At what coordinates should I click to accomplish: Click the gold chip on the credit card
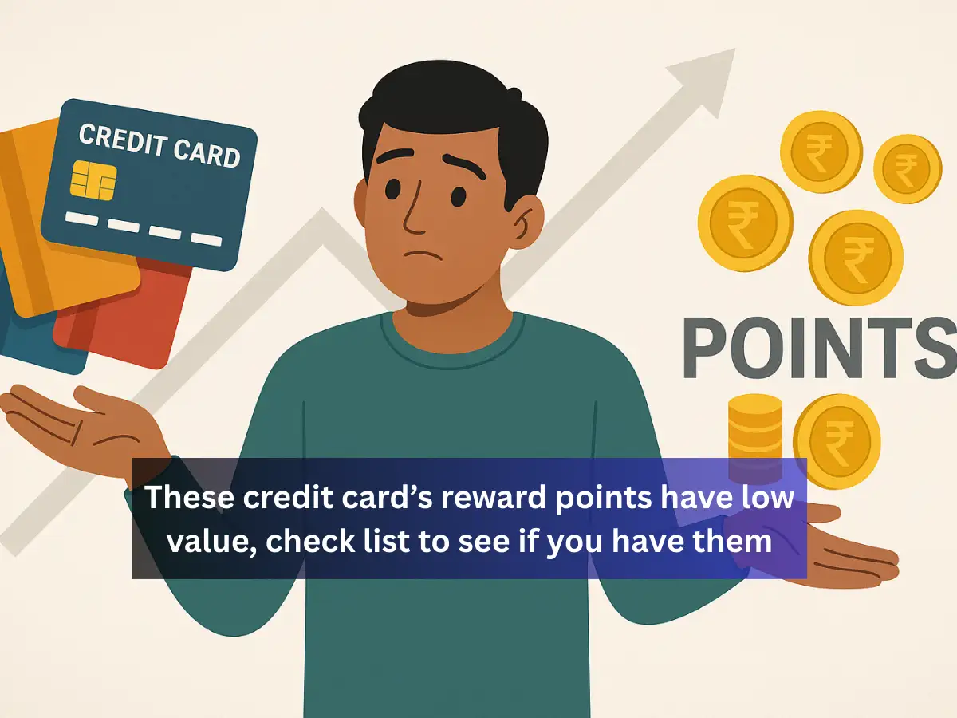[x=93, y=180]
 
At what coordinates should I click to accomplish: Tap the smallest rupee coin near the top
[x=907, y=168]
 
